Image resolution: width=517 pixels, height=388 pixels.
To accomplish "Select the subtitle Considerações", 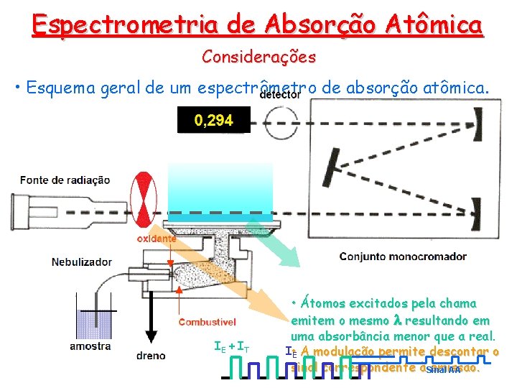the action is tap(258, 56).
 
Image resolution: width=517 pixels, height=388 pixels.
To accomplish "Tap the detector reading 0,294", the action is tap(213, 120).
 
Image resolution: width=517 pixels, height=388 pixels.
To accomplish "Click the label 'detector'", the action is tap(279, 95).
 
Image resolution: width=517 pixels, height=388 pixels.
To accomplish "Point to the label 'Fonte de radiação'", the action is tap(65, 180).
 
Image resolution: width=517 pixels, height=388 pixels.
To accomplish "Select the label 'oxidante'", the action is tap(157, 238).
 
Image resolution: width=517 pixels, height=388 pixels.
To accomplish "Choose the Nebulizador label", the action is tap(81, 262).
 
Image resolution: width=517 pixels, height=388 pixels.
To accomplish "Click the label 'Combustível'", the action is tap(208, 322).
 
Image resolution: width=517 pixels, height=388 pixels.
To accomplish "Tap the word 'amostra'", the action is tap(90, 346).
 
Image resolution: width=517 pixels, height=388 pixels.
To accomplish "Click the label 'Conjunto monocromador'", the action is tap(403, 257).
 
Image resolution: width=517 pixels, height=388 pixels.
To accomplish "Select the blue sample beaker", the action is tap(90, 323).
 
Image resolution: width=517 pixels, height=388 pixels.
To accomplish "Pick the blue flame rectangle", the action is tap(220, 191).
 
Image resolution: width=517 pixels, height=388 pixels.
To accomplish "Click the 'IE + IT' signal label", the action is tap(232, 347).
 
